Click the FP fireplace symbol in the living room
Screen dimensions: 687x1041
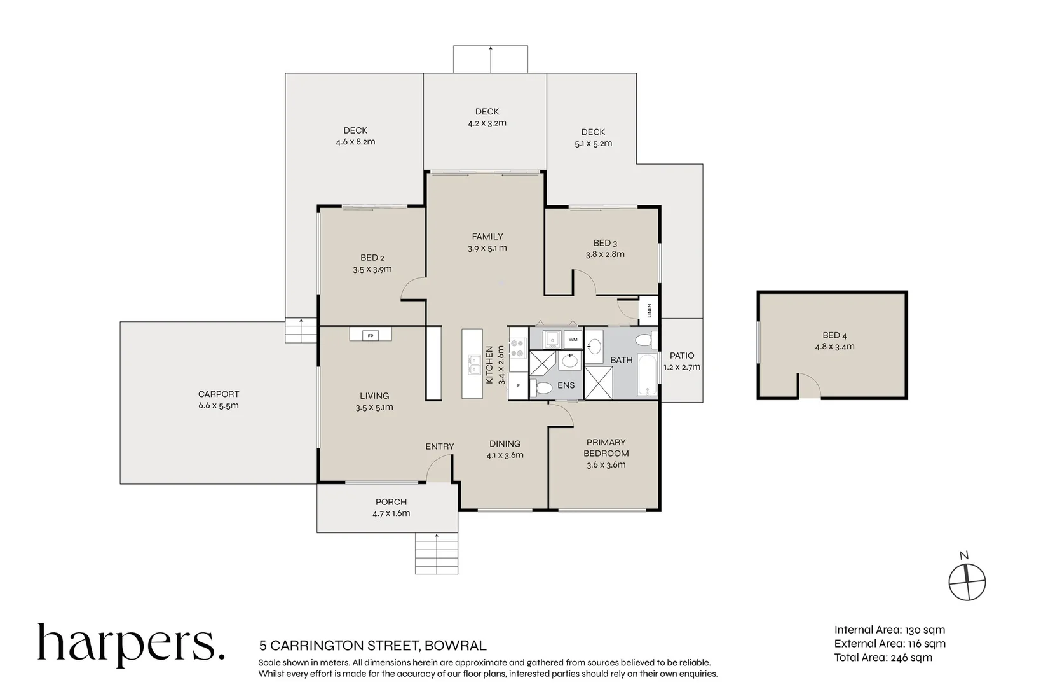(370, 335)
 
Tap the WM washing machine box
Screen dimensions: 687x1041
(573, 340)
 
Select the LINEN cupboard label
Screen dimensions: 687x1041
(649, 310)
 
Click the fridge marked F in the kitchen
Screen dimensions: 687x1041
(518, 385)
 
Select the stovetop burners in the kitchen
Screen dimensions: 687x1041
(518, 347)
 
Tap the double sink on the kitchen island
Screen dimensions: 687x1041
(473, 364)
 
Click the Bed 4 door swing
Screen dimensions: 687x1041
(808, 385)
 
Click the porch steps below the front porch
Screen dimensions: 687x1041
(436, 553)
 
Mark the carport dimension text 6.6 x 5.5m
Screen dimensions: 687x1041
(218, 406)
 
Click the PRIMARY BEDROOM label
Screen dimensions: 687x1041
(606, 448)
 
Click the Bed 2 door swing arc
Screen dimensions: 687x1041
(412, 290)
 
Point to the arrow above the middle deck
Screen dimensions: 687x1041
(490, 59)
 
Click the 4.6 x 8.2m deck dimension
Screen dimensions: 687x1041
(355, 142)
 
